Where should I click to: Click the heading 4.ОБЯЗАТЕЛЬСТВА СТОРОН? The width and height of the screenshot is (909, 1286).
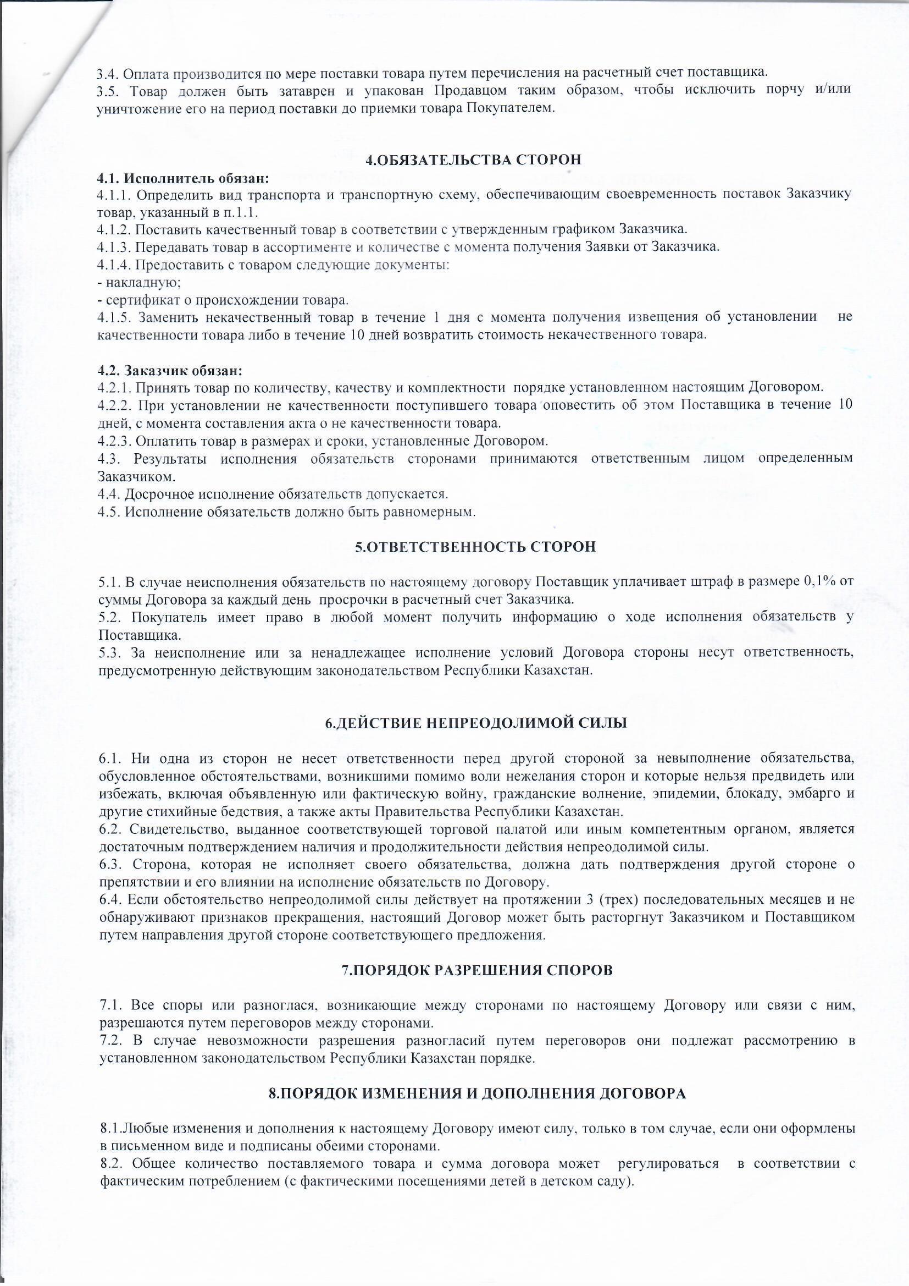pos(473,160)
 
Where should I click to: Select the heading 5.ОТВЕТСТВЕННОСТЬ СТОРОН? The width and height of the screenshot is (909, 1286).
pos(475,547)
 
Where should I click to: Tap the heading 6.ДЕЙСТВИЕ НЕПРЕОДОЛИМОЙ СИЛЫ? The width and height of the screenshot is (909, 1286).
pos(476,723)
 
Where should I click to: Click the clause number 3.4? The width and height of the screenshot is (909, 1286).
pos(107,73)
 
